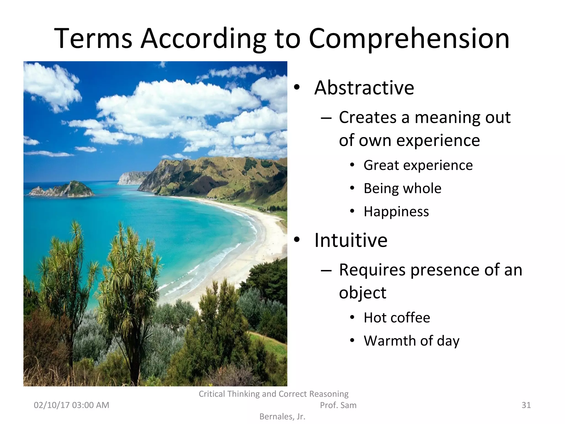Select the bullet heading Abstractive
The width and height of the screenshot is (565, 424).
[364, 88]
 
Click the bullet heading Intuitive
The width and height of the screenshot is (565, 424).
[351, 240]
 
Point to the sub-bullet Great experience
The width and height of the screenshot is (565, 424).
[418, 165]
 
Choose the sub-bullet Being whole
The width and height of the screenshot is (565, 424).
[402, 189]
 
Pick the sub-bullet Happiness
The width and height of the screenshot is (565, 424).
[396, 212]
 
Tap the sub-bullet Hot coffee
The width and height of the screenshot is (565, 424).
[397, 318]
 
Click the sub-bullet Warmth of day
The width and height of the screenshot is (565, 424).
[411, 341]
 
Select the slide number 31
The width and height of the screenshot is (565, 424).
[526, 405]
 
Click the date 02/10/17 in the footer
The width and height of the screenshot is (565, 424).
[52, 405]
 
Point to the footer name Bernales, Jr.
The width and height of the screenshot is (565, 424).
[282, 417]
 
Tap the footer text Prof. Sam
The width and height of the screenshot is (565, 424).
[338, 405]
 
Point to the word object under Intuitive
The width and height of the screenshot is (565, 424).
[363, 293]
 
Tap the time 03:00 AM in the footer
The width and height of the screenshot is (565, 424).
[90, 405]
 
